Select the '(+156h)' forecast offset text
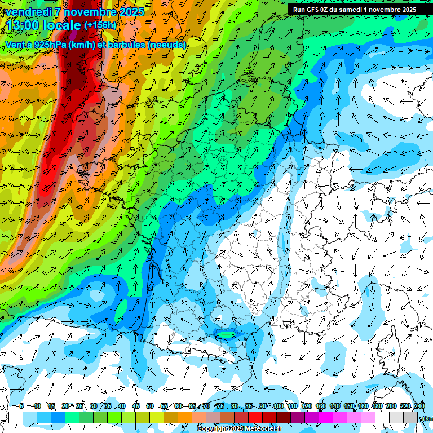100,25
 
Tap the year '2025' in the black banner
405,10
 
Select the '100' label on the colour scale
278,406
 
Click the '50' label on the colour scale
149,406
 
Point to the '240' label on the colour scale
419,406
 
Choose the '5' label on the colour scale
21,406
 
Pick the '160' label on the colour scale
363,406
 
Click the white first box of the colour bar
15,417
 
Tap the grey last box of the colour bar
410,417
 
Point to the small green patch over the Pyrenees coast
226,334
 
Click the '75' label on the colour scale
220,406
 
